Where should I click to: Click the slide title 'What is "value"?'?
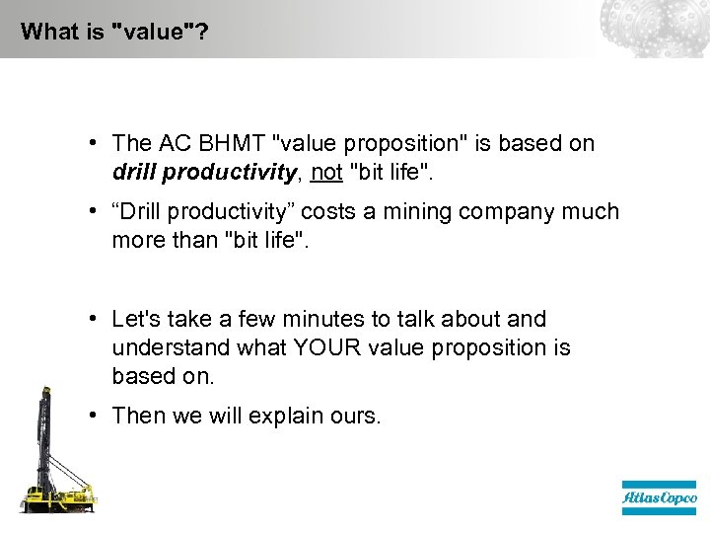pyautogui.click(x=113, y=31)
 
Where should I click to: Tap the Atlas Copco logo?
pyautogui.click(x=659, y=498)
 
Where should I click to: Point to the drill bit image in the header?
pyautogui.click(x=654, y=28)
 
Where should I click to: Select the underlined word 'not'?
pyautogui.click(x=325, y=172)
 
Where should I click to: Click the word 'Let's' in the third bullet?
pyautogui.click(x=134, y=319)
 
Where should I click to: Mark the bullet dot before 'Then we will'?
pyautogui.click(x=90, y=415)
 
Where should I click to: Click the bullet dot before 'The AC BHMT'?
pyautogui.click(x=90, y=142)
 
